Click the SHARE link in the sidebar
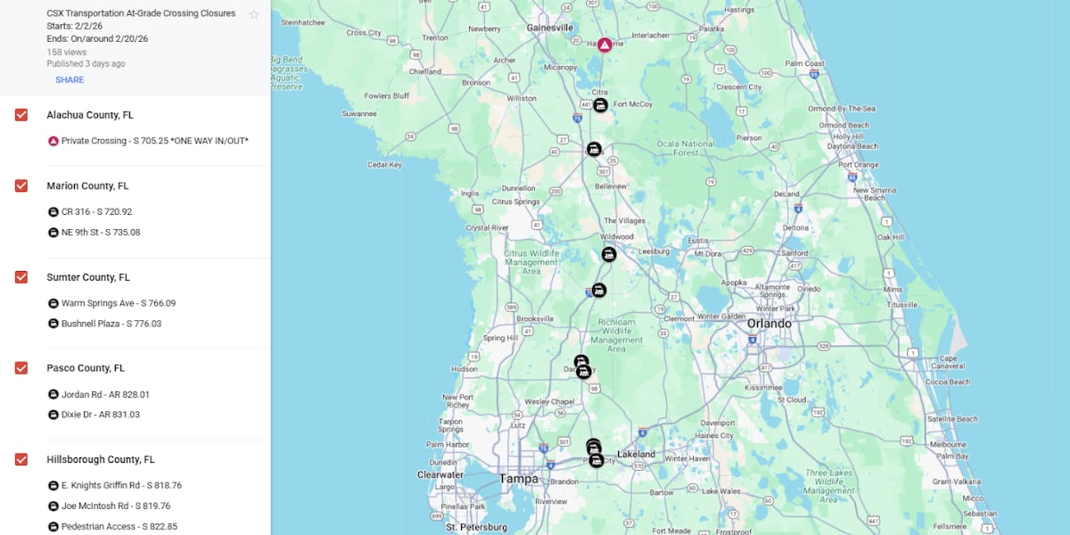click(70, 80)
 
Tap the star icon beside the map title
click(254, 14)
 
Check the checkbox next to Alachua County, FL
click(21, 115)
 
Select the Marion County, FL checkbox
click(21, 185)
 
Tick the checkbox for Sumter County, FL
click(21, 277)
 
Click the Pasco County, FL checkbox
click(21, 367)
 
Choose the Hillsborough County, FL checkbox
click(21, 459)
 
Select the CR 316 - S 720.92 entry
click(96, 212)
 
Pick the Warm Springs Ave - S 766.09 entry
click(118, 303)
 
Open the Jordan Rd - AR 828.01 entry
click(105, 394)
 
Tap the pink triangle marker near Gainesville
click(605, 45)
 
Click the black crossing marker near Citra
click(601, 105)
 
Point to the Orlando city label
click(769, 324)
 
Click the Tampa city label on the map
click(518, 479)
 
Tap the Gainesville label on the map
click(549, 28)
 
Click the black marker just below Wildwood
click(609, 254)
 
